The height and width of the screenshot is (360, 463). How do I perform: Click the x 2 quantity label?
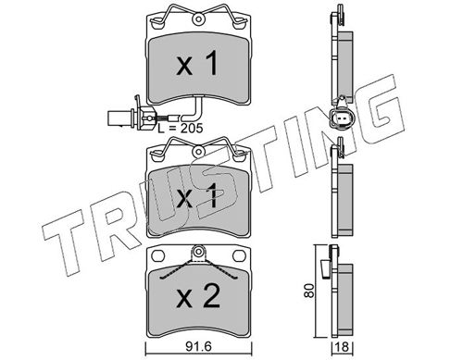coord(198,296)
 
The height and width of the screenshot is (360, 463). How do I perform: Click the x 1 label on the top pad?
coord(197,64)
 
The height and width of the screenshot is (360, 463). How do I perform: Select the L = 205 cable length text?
coord(181,128)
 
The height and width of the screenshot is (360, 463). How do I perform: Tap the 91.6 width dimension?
coord(198,347)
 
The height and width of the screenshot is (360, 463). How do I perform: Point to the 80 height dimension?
coord(308,291)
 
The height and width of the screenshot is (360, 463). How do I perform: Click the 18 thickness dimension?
coord(343,347)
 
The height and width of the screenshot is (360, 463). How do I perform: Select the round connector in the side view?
coord(342,118)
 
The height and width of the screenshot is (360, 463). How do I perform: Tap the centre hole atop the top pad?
coord(198,19)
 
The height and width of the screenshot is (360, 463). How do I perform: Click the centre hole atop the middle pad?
coord(198,152)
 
